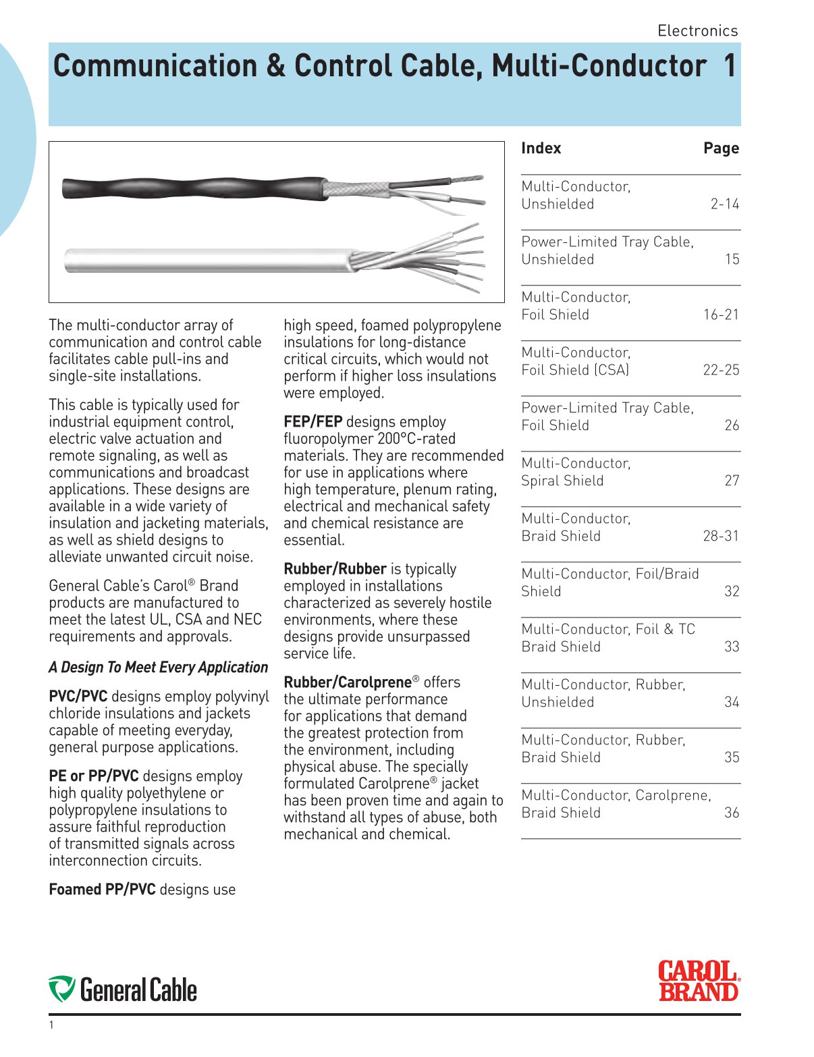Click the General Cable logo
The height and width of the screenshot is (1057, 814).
pos(123,990)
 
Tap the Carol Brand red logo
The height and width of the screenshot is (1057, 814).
pos(699,981)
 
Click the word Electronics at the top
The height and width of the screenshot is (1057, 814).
pos(697,30)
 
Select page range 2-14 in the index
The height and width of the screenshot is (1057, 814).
pos(724,204)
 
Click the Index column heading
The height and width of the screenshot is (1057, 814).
pos(541,148)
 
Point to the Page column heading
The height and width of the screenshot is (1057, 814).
pos(721,148)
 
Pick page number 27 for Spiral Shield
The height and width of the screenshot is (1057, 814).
pos(732,481)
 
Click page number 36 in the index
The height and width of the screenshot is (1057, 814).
pos(732,813)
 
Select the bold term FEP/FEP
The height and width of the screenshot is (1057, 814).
pos(313,422)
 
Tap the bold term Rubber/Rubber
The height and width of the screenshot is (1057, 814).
pos(335,569)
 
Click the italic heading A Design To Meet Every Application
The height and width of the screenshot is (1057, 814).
pos(158,667)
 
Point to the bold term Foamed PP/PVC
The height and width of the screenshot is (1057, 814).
pos(102,890)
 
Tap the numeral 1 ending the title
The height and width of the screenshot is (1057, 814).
pos(729,66)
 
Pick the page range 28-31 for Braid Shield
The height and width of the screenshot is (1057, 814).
pos(721,536)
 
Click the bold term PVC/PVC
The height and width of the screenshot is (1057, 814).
pos(78,696)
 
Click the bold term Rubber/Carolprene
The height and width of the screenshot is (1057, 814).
pos(347,682)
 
